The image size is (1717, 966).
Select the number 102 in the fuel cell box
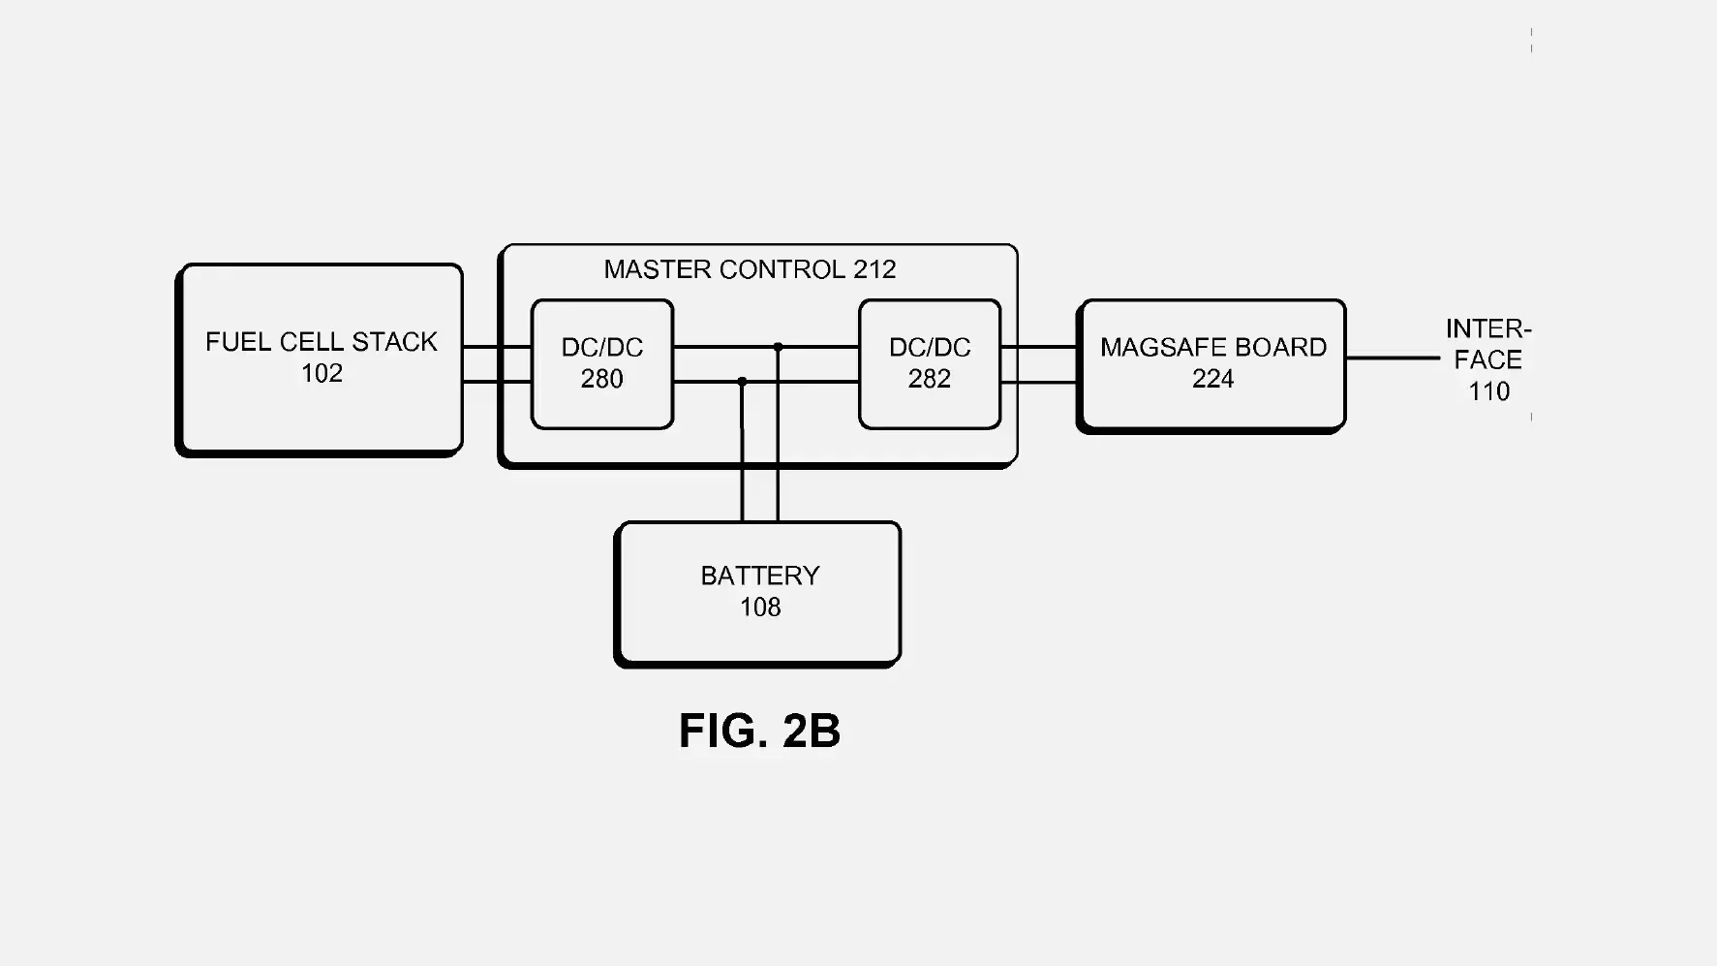(322, 374)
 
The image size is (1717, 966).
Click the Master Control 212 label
(750, 269)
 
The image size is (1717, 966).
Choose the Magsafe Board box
(1212, 407)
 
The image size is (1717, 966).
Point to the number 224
(1212, 379)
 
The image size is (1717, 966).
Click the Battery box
(759, 635)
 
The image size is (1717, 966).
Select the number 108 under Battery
(760, 608)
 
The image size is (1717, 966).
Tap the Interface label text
(1488, 345)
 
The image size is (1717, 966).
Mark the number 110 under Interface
(1488, 391)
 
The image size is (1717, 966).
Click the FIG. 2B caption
(759, 731)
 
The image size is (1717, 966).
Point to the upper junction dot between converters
(778, 347)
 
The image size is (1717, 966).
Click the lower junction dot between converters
(743, 382)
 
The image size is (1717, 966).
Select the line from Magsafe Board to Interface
(1393, 358)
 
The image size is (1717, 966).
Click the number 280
(601, 379)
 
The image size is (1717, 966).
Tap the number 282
(929, 379)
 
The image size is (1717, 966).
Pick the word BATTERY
(760, 576)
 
